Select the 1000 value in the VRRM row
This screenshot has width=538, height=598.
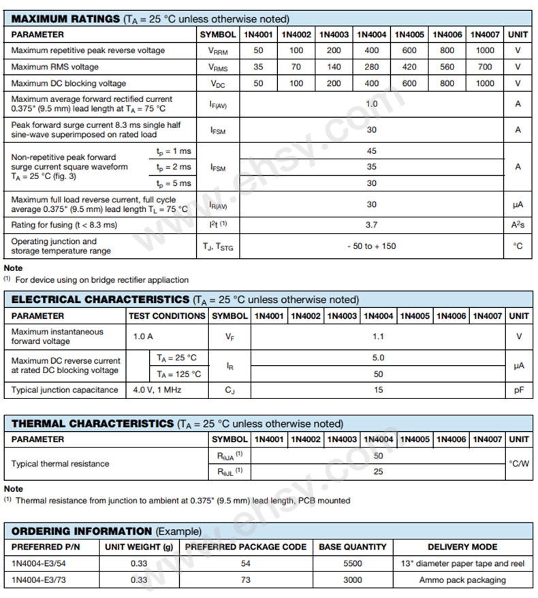pos(485,50)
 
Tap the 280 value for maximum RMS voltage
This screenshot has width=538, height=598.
pos(371,67)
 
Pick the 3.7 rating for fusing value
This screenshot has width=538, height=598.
pos(371,225)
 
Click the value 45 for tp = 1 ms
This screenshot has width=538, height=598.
pos(371,151)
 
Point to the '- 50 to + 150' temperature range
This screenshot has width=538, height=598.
pos(371,246)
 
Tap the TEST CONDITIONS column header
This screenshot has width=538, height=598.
pos(167,316)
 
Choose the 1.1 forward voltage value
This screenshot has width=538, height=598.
pos(378,336)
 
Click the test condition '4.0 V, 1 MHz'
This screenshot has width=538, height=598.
pos(155,390)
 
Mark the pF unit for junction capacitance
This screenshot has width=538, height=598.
pos(518,390)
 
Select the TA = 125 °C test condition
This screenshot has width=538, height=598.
pos(178,374)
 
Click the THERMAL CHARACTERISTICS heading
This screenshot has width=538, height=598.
pos(93,424)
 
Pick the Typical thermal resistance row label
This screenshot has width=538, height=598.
pos(60,464)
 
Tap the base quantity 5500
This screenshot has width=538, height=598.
pos(352,563)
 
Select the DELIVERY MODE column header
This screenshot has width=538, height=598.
pos(462,547)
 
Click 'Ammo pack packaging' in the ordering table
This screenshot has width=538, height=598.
pos(462,580)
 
